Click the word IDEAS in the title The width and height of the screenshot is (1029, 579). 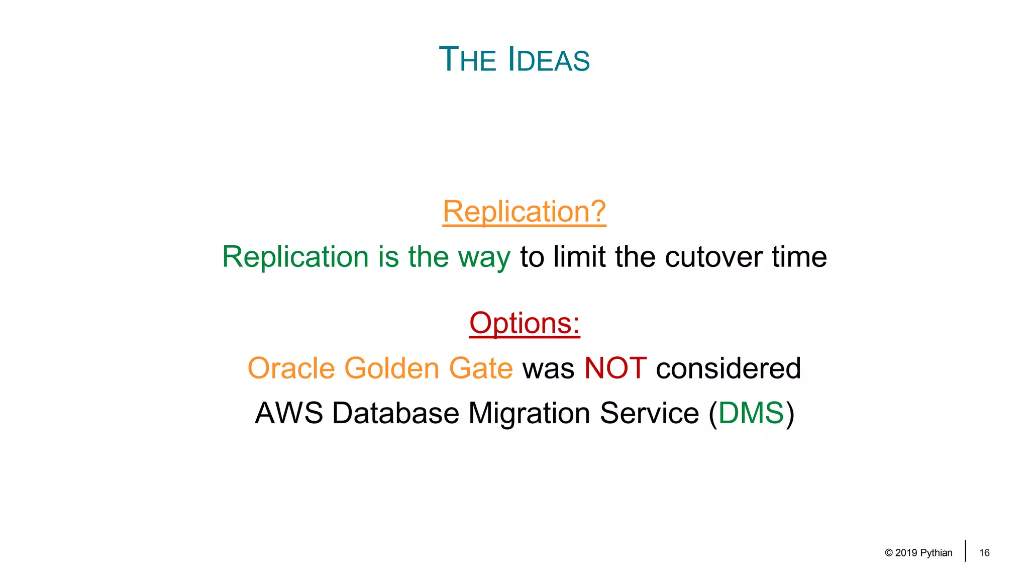(x=549, y=60)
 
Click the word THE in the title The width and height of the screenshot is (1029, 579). (x=467, y=60)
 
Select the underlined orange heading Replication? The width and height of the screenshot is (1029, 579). (x=524, y=211)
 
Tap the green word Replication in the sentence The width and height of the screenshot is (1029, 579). (x=295, y=257)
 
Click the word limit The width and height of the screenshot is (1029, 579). (x=579, y=257)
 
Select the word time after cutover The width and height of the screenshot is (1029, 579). (x=799, y=257)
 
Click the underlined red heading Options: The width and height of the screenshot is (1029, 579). (x=524, y=323)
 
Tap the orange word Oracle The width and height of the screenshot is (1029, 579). (x=291, y=368)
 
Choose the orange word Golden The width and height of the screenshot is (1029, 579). (x=391, y=368)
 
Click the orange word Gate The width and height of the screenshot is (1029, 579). (x=480, y=368)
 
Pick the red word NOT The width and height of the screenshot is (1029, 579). (x=615, y=368)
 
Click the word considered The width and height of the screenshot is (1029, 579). (x=728, y=368)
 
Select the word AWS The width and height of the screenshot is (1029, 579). (x=288, y=413)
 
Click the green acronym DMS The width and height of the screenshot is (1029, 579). (x=751, y=413)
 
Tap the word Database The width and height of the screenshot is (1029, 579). (x=395, y=413)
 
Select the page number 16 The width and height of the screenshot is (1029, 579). (x=984, y=553)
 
